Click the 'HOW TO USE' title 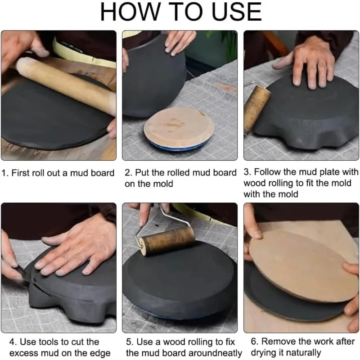[180, 12]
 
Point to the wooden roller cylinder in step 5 [166, 240]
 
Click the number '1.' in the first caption [5, 173]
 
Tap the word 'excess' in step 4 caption [22, 353]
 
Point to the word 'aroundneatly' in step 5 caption [216, 353]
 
